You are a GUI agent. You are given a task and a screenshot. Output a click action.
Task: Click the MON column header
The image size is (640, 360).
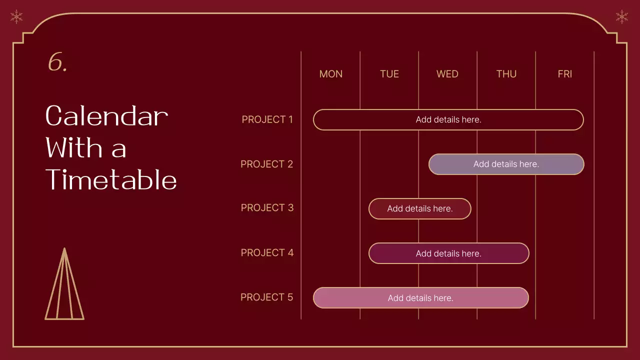click(x=330, y=74)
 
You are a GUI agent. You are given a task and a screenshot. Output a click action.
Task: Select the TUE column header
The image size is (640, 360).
click(x=389, y=74)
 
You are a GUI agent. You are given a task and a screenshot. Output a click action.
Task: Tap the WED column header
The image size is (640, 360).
click(x=447, y=74)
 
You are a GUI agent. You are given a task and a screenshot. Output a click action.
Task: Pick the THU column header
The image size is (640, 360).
click(x=506, y=74)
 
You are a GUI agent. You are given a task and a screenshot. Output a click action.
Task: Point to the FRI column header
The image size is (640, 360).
click(x=564, y=74)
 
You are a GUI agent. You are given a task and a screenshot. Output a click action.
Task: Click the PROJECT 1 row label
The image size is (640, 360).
click(x=267, y=119)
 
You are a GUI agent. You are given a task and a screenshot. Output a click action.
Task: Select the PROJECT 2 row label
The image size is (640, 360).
click(x=266, y=164)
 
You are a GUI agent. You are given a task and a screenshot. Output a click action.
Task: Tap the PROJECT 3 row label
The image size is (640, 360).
click(x=267, y=207)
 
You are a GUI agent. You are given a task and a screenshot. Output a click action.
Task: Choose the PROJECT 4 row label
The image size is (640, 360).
click(x=267, y=252)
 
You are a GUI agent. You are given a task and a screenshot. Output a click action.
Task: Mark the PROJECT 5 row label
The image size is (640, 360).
click(x=266, y=297)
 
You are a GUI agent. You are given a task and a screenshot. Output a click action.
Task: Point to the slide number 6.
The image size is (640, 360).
click(x=57, y=63)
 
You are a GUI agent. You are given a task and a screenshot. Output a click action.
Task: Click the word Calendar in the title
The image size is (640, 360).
click(x=106, y=116)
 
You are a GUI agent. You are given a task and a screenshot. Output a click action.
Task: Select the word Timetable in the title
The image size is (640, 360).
click(x=111, y=180)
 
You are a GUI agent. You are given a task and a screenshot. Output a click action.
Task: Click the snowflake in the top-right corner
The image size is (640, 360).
click(x=621, y=17)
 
